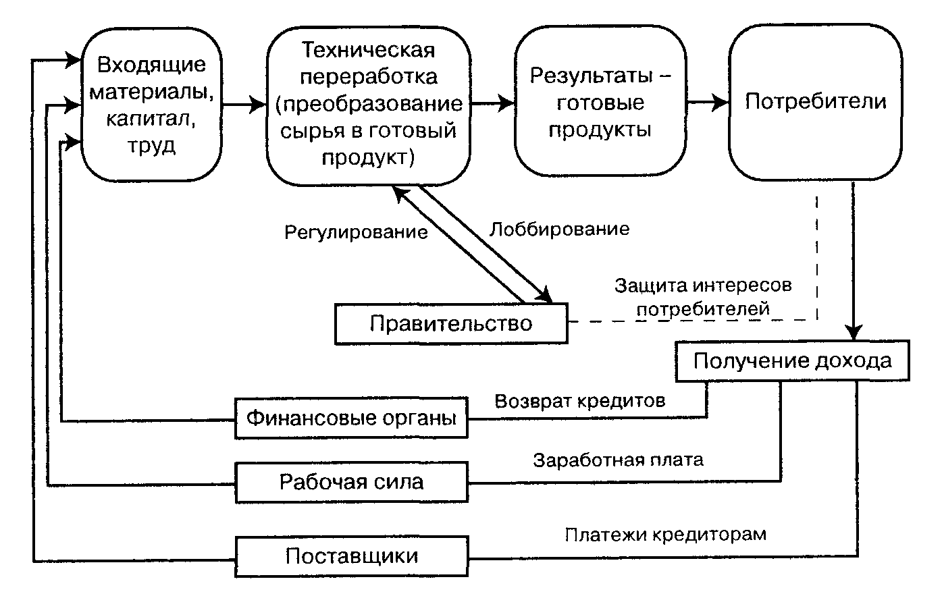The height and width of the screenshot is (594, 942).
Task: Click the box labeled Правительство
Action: coord(450,323)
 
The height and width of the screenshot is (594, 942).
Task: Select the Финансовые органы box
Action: coord(351,418)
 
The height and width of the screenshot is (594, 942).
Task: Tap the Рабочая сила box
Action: coord(351,481)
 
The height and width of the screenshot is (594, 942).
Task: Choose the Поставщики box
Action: coord(351,556)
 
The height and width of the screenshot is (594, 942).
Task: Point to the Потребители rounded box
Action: coord(816,103)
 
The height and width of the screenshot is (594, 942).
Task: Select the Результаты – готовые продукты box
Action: coord(600,103)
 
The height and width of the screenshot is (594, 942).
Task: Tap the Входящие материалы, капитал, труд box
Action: coord(151,105)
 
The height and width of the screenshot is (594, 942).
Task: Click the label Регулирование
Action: coord(356,232)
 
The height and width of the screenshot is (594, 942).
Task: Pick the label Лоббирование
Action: coord(559,229)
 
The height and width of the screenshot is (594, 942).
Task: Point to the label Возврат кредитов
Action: coord(580,401)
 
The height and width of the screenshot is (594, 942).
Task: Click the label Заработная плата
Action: coord(618,460)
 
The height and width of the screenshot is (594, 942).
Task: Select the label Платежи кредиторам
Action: coord(666,535)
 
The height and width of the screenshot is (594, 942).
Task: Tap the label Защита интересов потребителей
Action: coord(703,297)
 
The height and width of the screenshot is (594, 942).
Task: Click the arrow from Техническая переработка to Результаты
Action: coord(492,103)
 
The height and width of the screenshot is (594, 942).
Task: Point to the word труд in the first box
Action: coord(151,146)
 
